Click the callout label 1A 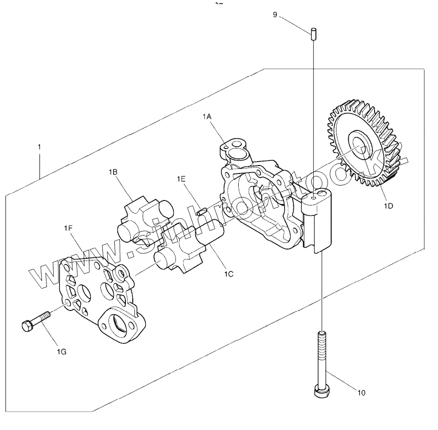[207, 116]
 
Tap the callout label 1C [229, 273]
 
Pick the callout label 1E [181, 178]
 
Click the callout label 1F [68, 228]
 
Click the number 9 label [275, 14]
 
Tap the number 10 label [361, 392]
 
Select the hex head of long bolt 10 [320, 390]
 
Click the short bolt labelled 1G [36, 321]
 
